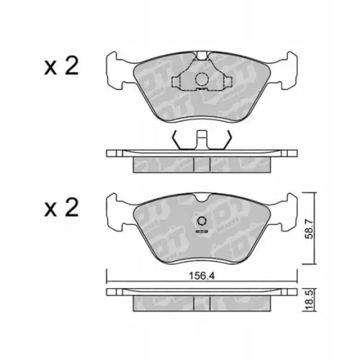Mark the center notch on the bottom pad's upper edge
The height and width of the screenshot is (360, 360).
coord(202,197)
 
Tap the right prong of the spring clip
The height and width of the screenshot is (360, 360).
coord(228,138)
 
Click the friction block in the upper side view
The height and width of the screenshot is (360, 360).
coord(202,165)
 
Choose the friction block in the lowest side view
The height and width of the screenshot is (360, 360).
coord(202,305)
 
